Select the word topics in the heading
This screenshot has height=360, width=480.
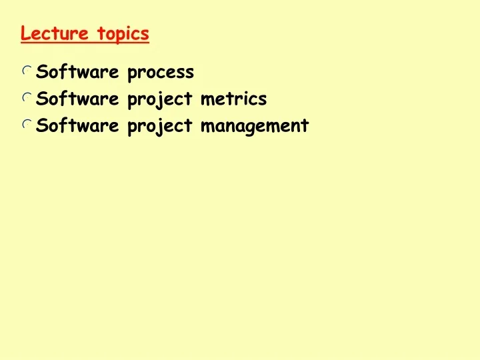tap(123, 33)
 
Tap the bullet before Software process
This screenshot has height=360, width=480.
tap(27, 71)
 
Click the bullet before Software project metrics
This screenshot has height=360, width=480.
tap(27, 98)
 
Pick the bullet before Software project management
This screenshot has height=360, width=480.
tap(27, 125)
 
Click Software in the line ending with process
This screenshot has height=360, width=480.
tap(77, 71)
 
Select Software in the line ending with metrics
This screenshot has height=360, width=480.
tap(77, 99)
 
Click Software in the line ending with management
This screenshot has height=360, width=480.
tap(77, 125)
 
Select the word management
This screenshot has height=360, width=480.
tap(255, 127)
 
